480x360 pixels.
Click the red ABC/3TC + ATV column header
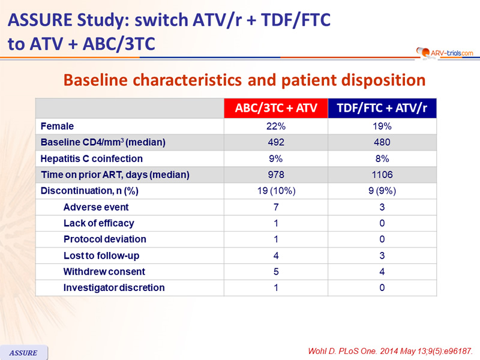[276, 108]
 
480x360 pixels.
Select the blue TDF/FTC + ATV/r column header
[382, 108]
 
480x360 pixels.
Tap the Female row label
[57, 126]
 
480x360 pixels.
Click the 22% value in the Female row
[276, 126]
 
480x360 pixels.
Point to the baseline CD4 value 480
[382, 142]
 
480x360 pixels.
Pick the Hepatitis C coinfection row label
[92, 158]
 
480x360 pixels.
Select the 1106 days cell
[382, 175]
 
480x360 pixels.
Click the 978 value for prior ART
[276, 175]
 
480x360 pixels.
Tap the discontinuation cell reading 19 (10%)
[276, 191]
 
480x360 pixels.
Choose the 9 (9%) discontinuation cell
[382, 191]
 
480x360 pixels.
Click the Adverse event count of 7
[276, 207]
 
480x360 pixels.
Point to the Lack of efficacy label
[99, 223]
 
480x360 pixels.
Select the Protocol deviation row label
[104, 239]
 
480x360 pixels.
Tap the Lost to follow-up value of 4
[276, 256]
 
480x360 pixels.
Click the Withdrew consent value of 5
[276, 272]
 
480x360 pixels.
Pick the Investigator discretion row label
[114, 288]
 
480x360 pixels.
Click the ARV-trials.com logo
[445, 53]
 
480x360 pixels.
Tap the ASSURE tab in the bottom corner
[23, 352]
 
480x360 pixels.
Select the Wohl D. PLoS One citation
[391, 351]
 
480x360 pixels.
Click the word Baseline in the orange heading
[95, 80]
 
